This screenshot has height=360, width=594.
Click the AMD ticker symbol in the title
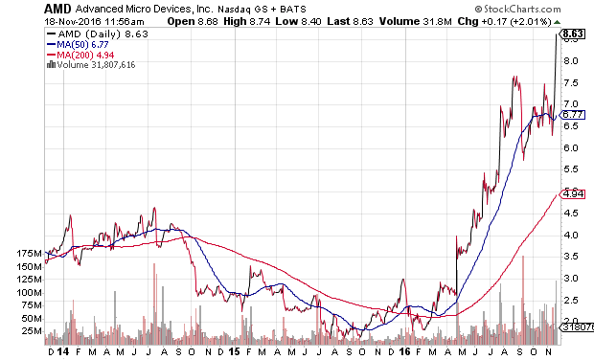pos(57,9)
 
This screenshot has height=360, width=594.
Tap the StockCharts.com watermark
pos(517,9)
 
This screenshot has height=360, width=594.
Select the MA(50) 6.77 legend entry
pos(78,45)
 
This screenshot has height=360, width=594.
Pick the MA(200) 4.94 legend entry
pos(80,55)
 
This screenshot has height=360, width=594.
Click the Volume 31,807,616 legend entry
pos(91,65)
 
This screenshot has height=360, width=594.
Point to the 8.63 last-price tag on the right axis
pos(572,34)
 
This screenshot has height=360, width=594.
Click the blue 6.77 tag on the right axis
pos(572,115)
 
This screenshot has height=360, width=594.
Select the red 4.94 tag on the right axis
pos(572,194)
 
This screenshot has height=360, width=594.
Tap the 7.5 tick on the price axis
pos(570,83)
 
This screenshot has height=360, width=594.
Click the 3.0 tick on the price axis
pos(570,279)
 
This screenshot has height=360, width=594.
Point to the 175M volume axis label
pos(29,254)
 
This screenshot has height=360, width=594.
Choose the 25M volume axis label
pos(33,331)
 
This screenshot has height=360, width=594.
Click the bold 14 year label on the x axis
pos(63,352)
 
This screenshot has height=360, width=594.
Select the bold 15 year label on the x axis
pos(234,352)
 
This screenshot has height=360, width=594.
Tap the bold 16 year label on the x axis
pos(405,352)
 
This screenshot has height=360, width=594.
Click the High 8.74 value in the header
pos(247,22)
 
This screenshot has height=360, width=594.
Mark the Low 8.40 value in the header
pos(299,22)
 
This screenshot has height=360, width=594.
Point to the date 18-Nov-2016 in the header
pos(73,22)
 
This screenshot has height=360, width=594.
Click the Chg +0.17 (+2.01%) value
pos(504,22)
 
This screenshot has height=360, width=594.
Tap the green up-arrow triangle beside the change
pos(557,22)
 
